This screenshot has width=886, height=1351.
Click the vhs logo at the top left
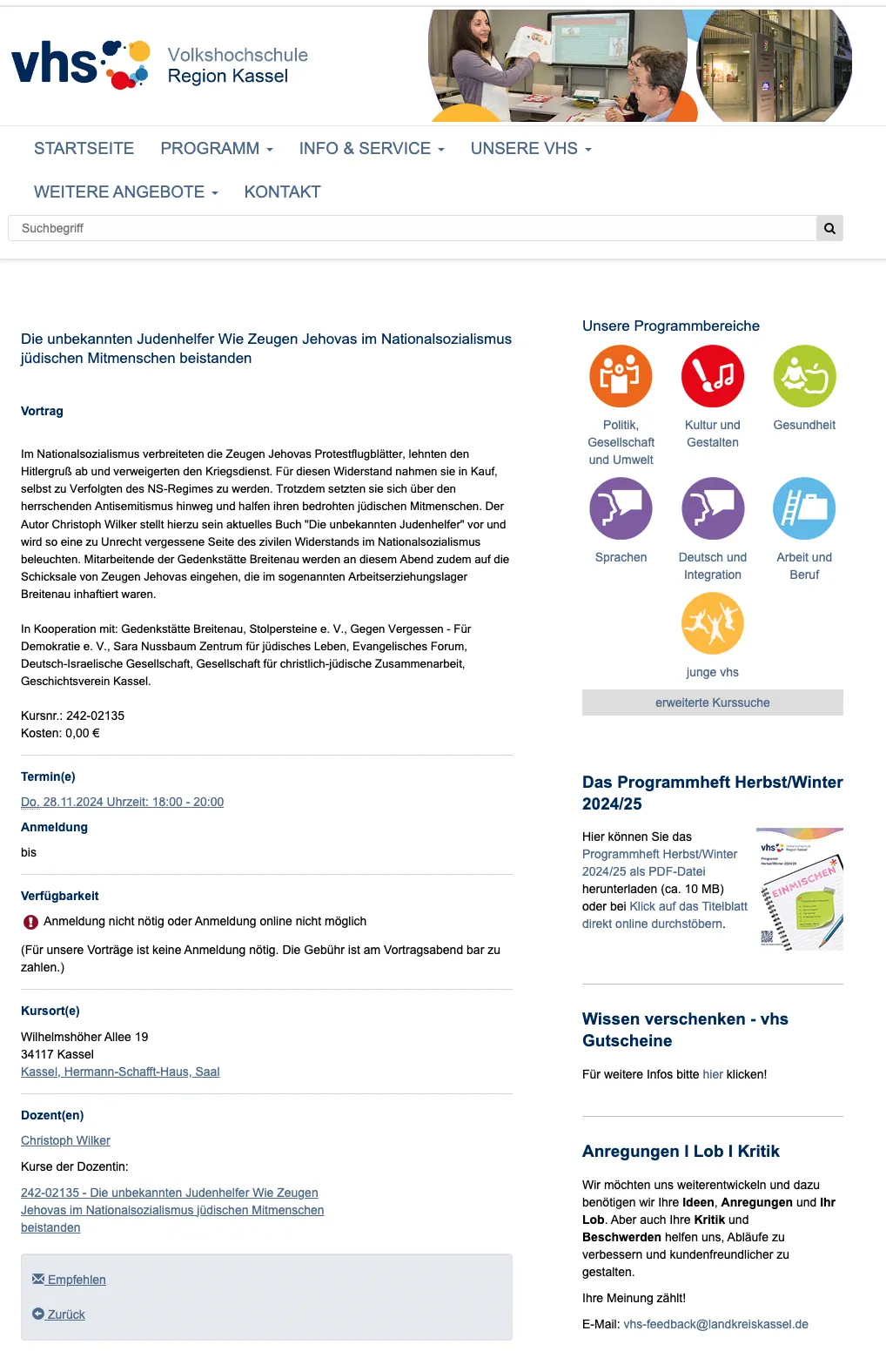tap(80, 65)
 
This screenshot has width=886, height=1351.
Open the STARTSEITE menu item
tap(84, 149)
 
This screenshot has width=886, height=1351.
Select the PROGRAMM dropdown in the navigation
tap(216, 149)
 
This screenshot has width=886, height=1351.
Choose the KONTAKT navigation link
tap(282, 192)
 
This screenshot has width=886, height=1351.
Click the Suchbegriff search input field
tap(412, 228)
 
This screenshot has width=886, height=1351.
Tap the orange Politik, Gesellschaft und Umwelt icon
tap(621, 376)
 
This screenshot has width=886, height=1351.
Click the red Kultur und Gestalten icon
tap(713, 376)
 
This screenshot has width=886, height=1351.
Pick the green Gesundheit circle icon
tap(804, 376)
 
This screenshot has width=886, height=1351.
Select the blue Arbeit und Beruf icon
tap(804, 508)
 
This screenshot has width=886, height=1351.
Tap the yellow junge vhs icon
tap(713, 623)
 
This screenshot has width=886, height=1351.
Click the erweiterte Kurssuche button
tap(712, 702)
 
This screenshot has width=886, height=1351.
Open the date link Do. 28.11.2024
tap(122, 802)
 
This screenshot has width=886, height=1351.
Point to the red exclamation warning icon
tap(30, 922)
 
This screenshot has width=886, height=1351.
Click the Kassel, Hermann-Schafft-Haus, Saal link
tap(120, 1072)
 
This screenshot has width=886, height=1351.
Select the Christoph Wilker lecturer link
tap(65, 1140)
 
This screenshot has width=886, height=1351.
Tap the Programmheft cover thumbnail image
tap(799, 889)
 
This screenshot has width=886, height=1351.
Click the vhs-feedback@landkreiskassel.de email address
tap(715, 1324)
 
